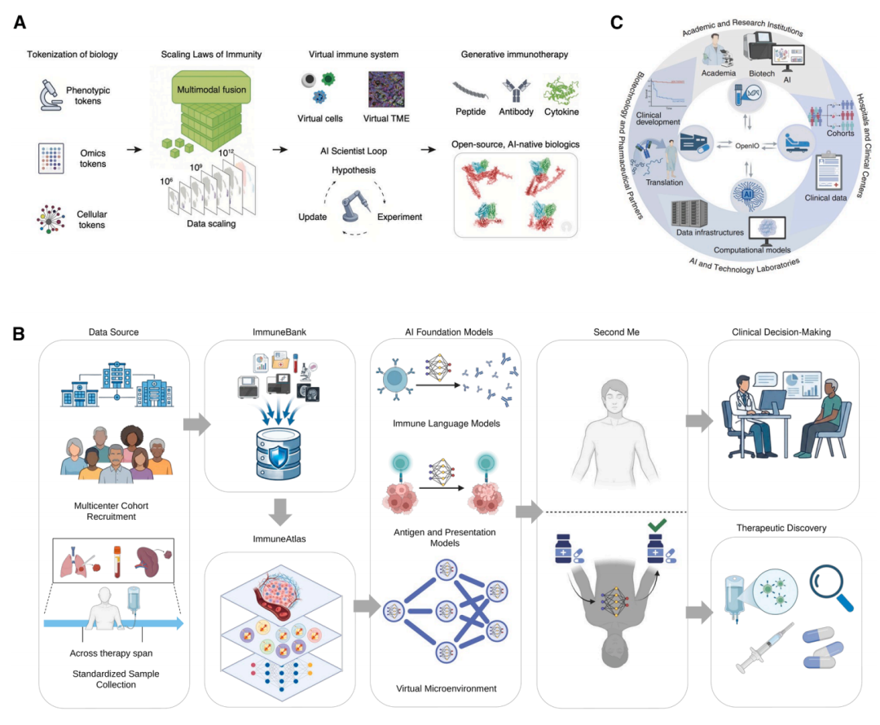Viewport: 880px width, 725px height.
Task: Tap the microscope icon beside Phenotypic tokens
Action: (x=50, y=94)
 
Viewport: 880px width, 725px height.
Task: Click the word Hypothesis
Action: (x=354, y=170)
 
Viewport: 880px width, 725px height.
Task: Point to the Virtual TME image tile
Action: (x=386, y=90)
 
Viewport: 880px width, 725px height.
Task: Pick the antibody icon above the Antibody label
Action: (x=516, y=90)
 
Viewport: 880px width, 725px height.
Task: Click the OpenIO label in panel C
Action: (x=747, y=146)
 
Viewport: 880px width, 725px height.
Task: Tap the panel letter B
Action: (x=19, y=334)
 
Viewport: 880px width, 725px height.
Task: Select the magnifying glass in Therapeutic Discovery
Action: (x=831, y=587)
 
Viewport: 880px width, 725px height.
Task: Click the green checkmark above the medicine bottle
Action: (x=658, y=525)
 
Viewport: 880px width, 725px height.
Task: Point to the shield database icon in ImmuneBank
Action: (x=278, y=454)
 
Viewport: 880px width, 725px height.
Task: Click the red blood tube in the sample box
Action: (x=117, y=562)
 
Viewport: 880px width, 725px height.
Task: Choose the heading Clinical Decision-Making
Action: (x=781, y=332)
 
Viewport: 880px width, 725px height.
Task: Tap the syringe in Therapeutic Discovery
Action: (x=764, y=647)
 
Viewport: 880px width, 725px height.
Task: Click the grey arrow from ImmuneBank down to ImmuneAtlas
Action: (x=280, y=512)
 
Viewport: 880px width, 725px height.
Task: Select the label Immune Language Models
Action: (x=447, y=424)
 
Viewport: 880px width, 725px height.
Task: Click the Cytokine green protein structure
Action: (x=561, y=90)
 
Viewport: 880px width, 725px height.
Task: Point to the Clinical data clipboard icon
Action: (x=829, y=171)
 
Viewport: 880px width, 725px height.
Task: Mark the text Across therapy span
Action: (x=111, y=653)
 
